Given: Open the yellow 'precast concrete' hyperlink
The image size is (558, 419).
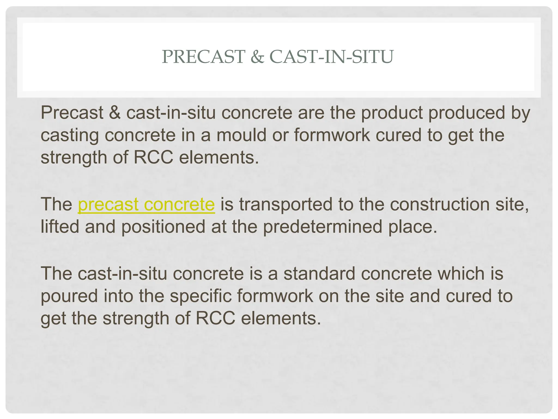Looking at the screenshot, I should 146,204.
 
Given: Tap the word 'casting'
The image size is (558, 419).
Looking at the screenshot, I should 69,136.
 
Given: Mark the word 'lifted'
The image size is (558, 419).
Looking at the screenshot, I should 60,227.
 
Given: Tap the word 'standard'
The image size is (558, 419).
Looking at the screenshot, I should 319,273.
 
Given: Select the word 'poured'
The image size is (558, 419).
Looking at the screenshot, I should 69,297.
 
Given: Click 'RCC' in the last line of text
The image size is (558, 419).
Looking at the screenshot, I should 215,318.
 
